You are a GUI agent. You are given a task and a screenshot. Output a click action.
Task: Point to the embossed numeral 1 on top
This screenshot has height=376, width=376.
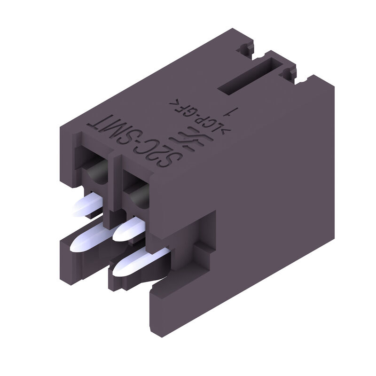click(231, 112)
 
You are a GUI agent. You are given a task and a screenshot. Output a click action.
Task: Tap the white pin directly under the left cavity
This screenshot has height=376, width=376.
click(87, 206)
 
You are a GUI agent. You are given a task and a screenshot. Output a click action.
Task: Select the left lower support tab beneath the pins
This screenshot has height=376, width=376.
click(75, 256)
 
